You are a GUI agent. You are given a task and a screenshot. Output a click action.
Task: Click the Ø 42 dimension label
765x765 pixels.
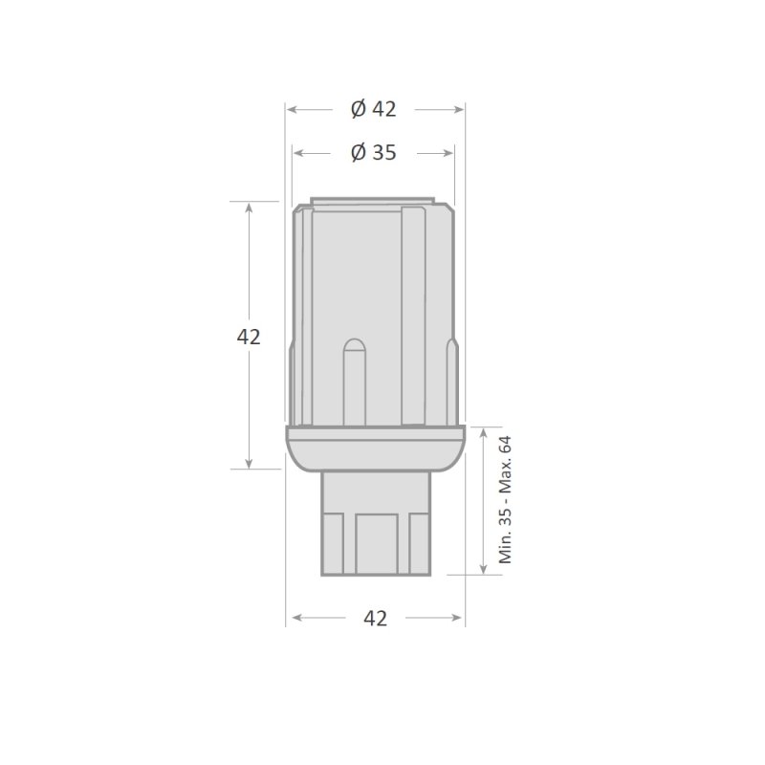click(x=373, y=109)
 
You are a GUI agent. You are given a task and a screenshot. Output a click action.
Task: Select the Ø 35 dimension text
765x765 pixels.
click(x=373, y=153)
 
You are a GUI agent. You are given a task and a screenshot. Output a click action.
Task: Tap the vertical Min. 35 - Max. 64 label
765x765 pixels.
click(x=506, y=500)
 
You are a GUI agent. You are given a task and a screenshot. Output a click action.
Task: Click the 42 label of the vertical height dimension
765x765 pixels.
click(x=249, y=337)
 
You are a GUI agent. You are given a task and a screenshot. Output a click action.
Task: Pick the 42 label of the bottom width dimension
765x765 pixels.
click(x=376, y=619)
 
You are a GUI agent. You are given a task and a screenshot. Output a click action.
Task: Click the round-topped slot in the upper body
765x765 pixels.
click(x=354, y=382)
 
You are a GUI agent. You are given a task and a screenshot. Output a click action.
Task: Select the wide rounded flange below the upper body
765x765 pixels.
click(x=376, y=448)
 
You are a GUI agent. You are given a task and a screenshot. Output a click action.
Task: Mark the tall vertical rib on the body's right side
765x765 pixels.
click(x=413, y=316)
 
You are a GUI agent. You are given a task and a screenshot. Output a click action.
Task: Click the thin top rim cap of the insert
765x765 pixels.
click(x=373, y=203)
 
